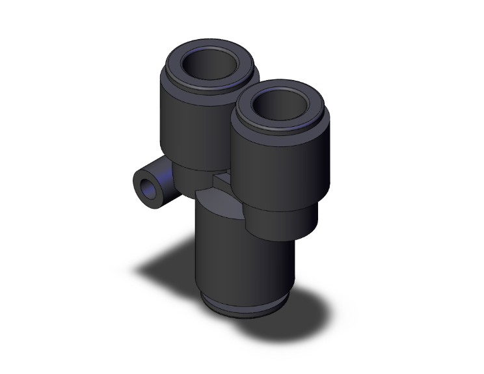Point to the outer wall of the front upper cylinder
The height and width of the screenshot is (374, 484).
point(273,169)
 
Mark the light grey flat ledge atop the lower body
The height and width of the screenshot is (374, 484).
point(218,198)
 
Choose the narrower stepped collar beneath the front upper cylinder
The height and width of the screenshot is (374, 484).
point(280,218)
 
